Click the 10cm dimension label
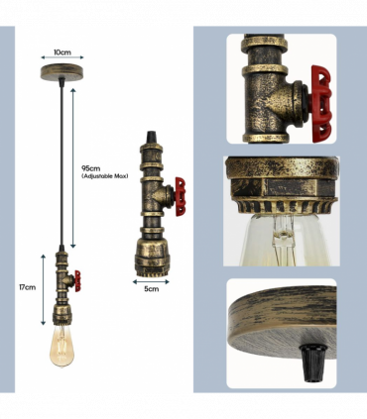[x=62, y=52]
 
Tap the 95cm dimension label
[x=91, y=168]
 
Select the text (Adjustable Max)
[x=105, y=176]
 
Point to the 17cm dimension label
[x=27, y=287]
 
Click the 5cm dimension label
[x=152, y=289]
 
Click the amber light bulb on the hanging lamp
[x=61, y=345]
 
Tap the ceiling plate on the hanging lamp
[x=61, y=72]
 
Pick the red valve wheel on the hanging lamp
[x=77, y=281]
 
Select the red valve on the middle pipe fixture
[x=181, y=196]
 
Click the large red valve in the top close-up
[x=321, y=104]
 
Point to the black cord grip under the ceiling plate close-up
[x=312, y=363]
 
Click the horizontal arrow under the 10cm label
[x=62, y=57]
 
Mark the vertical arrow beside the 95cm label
[x=73, y=167]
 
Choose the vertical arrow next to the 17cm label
[x=44, y=289]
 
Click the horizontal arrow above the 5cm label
[x=151, y=281]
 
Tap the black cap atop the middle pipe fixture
[x=152, y=138]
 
